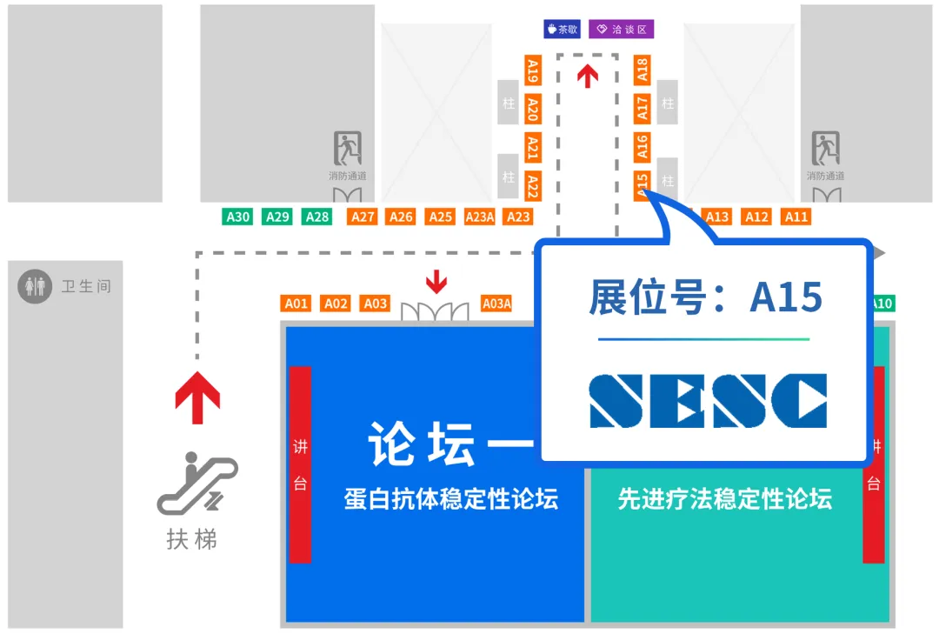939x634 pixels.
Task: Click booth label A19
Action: (533, 70)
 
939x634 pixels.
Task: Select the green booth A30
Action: (238, 217)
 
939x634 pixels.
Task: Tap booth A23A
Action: (480, 217)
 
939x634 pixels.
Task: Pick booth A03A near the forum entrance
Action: (496, 304)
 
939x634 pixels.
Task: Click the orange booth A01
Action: (296, 304)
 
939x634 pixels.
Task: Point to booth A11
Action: (796, 217)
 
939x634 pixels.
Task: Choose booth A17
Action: (643, 108)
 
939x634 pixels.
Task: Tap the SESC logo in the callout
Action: (708, 401)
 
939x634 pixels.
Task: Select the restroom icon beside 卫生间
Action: (36, 286)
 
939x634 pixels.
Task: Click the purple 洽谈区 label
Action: (621, 29)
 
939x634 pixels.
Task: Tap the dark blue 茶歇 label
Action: (563, 29)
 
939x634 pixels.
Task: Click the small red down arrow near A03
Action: (436, 282)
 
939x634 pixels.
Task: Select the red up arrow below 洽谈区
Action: (589, 77)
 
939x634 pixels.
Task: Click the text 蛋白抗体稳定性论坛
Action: (451, 499)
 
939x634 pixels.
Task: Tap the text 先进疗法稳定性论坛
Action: (724, 499)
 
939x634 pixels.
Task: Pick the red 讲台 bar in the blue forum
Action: (300, 464)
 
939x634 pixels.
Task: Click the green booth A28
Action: (317, 217)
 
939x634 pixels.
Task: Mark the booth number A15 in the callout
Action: (786, 297)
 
